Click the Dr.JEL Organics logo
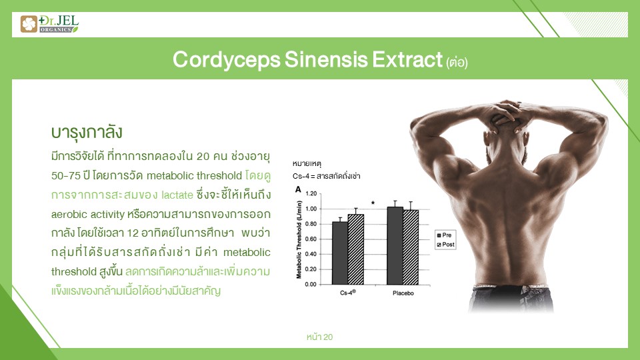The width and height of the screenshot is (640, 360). (x=49, y=24)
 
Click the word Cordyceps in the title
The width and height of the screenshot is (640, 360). (x=227, y=59)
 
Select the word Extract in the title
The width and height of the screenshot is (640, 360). (x=407, y=59)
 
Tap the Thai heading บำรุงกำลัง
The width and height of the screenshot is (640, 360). (x=87, y=133)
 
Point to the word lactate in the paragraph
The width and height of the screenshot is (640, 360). (x=177, y=195)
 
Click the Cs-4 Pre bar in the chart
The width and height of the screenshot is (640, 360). (x=339, y=253)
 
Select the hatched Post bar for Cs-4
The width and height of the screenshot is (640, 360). (x=355, y=249)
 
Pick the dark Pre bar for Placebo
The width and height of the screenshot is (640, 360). (x=395, y=245)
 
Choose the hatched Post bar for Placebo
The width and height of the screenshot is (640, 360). (x=411, y=247)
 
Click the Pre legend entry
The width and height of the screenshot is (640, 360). (x=444, y=235)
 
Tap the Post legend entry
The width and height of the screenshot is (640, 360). (x=445, y=245)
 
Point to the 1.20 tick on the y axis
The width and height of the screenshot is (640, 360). (x=311, y=193)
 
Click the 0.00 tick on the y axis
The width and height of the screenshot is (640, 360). (x=311, y=284)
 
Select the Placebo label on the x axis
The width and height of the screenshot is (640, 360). (x=403, y=293)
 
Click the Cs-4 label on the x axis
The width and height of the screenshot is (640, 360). (x=348, y=293)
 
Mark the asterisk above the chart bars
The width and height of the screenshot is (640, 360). (x=373, y=203)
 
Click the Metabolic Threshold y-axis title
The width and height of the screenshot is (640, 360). (x=299, y=239)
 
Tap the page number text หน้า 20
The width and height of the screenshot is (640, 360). (x=319, y=337)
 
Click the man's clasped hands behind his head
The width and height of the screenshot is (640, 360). (x=506, y=114)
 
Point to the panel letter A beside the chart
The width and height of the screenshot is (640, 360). (x=298, y=189)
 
